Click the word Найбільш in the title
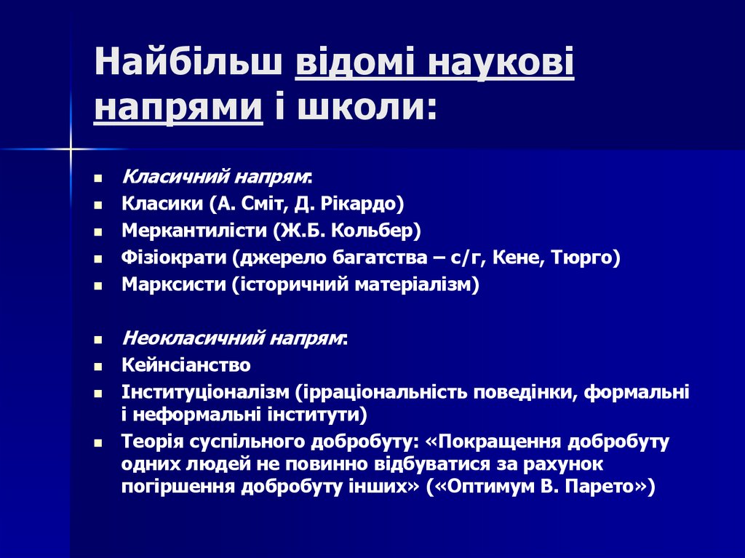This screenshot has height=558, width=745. (x=188, y=64)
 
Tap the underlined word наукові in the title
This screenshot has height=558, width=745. (x=501, y=64)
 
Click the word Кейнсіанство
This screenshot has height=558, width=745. (x=186, y=365)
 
